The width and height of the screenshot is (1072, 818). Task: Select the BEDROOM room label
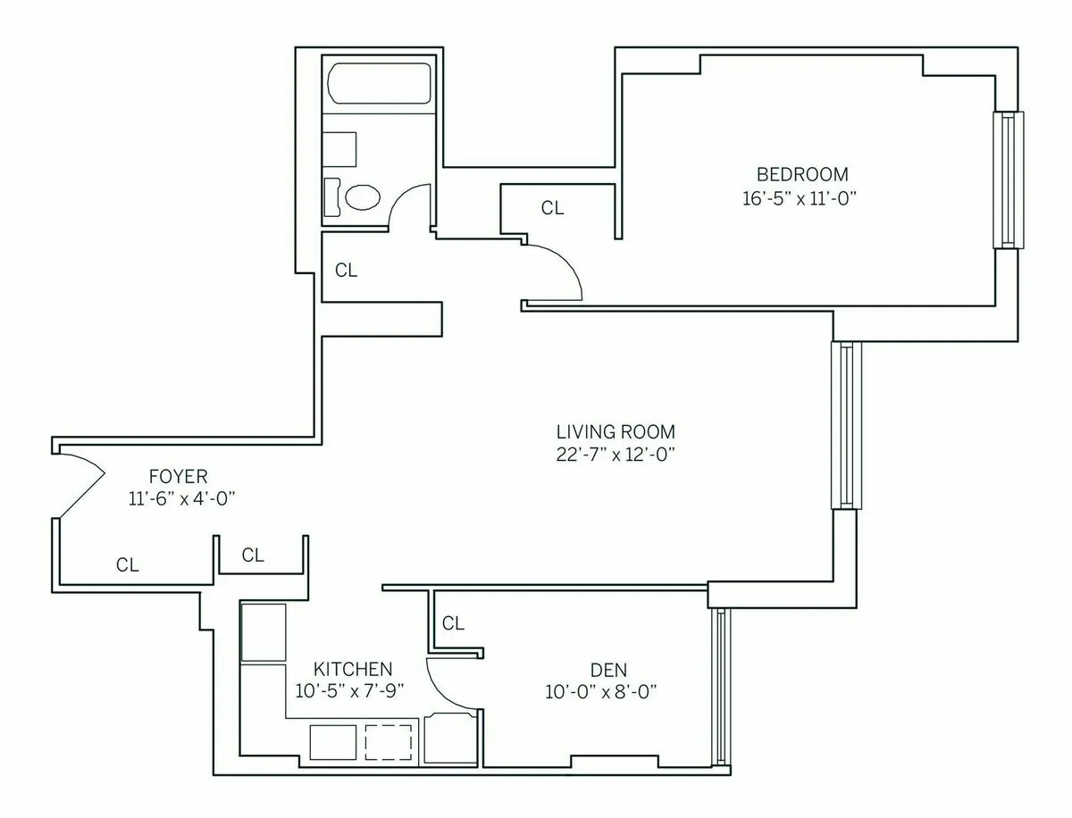[x=802, y=174]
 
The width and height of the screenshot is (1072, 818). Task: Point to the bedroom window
[x=1009, y=179]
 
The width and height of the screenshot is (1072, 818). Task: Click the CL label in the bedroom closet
[x=553, y=208]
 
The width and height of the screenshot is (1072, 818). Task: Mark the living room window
[x=845, y=425]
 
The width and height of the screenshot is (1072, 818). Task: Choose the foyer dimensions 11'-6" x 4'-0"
[x=181, y=499]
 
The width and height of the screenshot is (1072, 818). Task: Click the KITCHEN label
[x=352, y=669]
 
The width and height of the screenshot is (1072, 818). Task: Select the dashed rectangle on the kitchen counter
[x=389, y=741]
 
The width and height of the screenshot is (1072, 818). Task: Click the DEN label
[x=608, y=669]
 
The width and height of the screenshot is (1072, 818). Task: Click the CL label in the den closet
[x=454, y=623]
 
